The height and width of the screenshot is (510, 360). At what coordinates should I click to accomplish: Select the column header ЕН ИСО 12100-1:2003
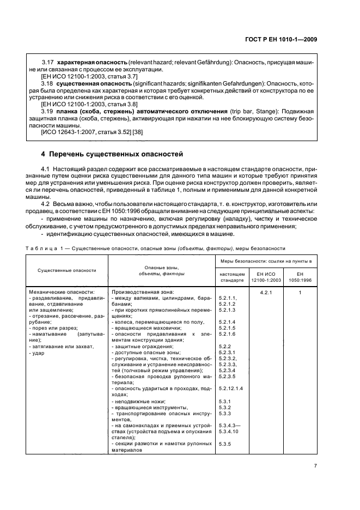(x=264, y=276)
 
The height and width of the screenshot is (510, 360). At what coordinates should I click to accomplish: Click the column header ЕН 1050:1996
(x=300, y=276)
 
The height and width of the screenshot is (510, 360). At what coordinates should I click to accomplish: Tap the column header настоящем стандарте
(x=231, y=276)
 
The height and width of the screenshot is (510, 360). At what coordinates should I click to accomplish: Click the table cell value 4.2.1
(x=264, y=292)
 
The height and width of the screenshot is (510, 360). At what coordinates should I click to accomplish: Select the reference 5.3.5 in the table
(x=225, y=444)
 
